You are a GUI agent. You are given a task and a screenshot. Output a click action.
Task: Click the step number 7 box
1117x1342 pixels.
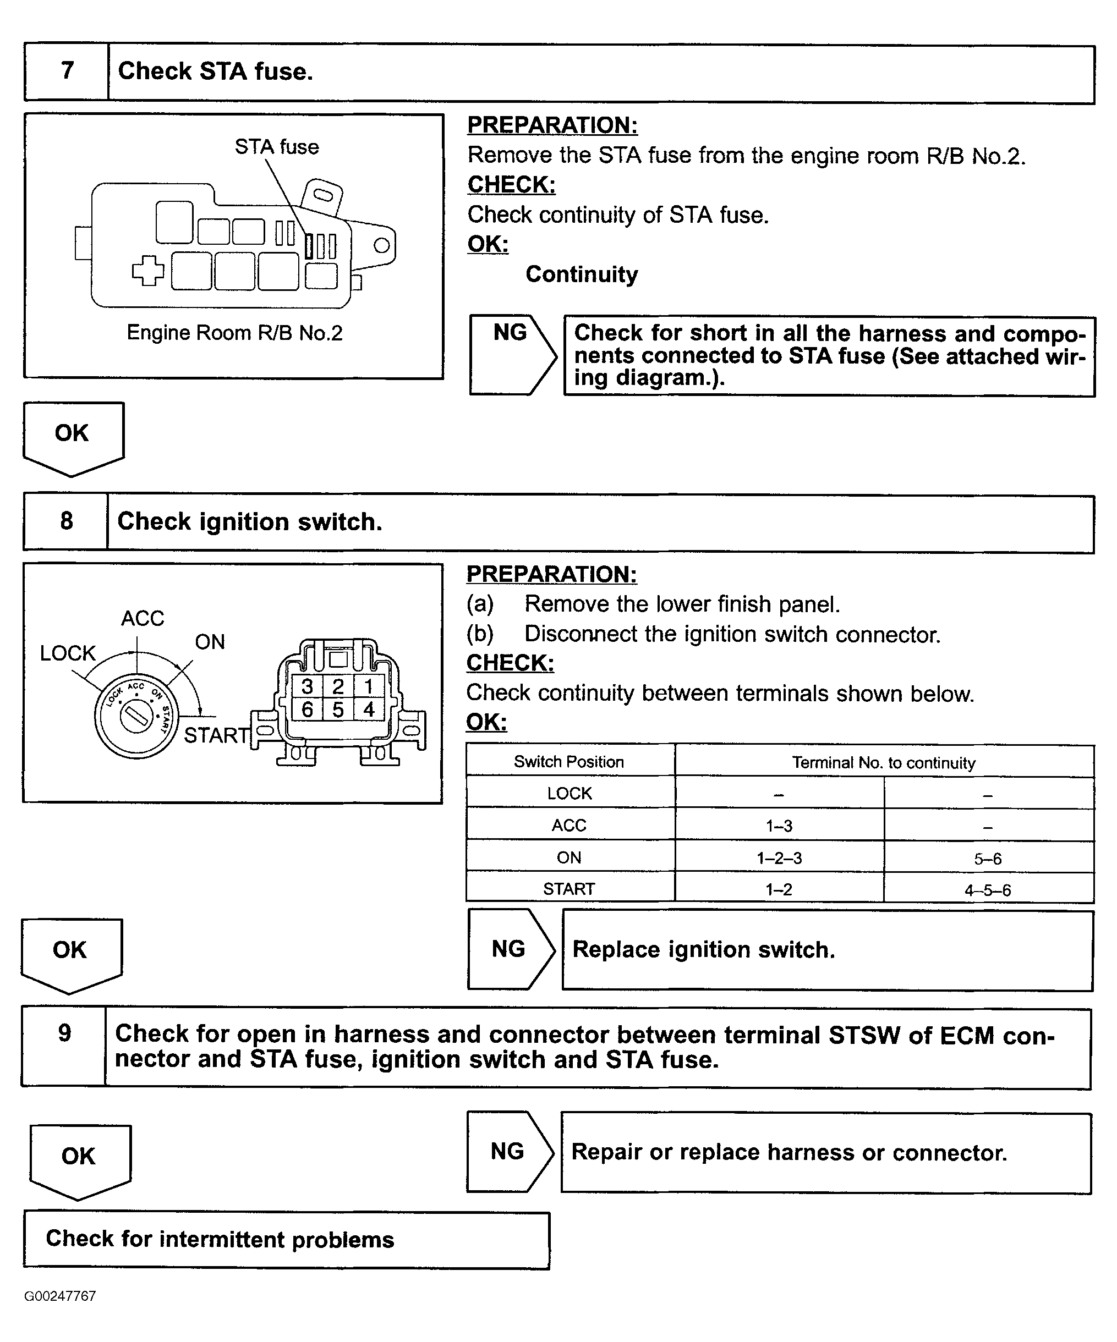click(x=67, y=71)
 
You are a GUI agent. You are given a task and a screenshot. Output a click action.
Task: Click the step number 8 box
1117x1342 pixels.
click(x=66, y=521)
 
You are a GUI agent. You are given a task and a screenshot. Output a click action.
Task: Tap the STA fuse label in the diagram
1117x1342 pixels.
click(x=276, y=147)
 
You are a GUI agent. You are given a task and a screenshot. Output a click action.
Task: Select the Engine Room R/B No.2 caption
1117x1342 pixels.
click(x=234, y=333)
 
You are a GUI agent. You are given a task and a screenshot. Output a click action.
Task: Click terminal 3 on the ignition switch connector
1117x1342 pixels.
click(x=308, y=686)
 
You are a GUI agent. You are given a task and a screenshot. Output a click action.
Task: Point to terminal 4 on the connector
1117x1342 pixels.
click(x=369, y=710)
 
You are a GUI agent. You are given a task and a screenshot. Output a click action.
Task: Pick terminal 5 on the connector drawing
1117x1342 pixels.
click(x=338, y=710)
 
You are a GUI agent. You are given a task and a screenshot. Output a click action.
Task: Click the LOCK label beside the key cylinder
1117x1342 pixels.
click(x=68, y=653)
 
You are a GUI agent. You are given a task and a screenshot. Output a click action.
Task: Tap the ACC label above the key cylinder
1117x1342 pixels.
click(x=143, y=618)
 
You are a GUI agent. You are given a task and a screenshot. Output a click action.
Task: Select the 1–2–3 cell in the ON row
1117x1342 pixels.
click(x=779, y=857)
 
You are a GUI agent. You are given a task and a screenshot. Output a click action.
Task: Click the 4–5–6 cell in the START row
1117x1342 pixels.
click(x=988, y=889)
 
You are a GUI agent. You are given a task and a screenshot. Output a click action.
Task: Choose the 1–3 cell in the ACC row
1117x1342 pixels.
click(x=779, y=826)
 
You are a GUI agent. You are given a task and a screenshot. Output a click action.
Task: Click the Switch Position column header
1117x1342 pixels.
click(x=569, y=762)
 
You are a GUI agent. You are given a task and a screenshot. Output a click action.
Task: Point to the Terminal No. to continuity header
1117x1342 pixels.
click(x=884, y=762)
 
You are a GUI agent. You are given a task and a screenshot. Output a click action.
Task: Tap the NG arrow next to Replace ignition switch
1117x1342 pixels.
click(x=510, y=949)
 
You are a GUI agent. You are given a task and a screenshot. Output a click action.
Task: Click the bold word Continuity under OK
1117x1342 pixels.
click(x=581, y=274)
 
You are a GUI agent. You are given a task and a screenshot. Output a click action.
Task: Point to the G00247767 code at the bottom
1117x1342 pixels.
click(x=60, y=1296)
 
